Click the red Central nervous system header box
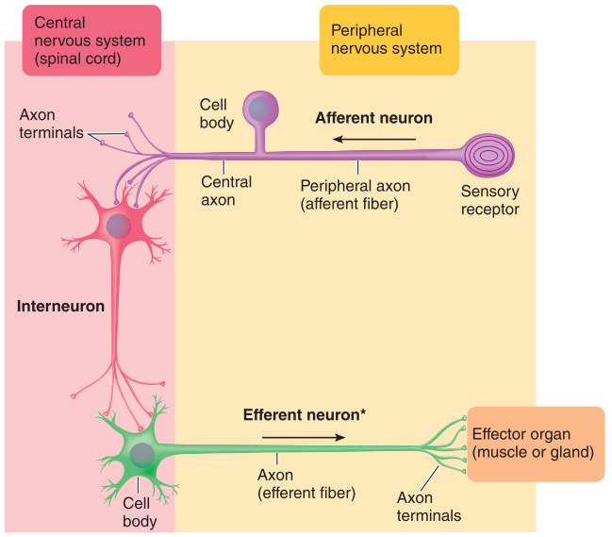click(x=84, y=42)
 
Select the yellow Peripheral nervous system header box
click(x=389, y=40)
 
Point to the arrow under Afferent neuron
click(x=374, y=140)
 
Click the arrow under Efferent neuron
click(x=303, y=437)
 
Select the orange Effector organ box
click(x=534, y=445)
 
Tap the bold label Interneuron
click(x=60, y=307)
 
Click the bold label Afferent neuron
click(x=373, y=119)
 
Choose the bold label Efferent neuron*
click(x=305, y=414)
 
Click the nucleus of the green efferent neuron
click(x=142, y=456)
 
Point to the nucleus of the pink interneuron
click(x=119, y=226)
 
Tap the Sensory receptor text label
click(x=489, y=200)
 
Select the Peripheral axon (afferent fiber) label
click(x=349, y=194)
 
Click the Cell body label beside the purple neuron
click(x=216, y=113)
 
